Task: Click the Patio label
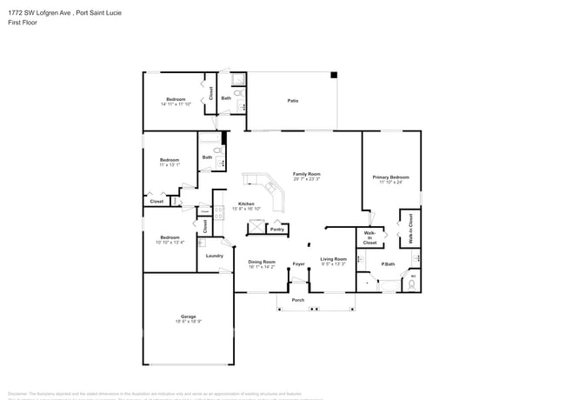pos(293,102)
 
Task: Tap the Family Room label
pos(307,173)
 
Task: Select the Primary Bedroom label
pos(390,177)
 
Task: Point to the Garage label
pos(188,317)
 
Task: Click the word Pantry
pos(276,230)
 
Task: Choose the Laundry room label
pos(214,256)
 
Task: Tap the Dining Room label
pos(261,261)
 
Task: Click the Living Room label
pos(333,259)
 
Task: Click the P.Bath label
pos(388,264)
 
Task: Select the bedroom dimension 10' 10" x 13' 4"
pos(169,243)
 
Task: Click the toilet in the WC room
pos(412,283)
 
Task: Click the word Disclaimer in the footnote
pos(19,392)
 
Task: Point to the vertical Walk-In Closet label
pos(409,229)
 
